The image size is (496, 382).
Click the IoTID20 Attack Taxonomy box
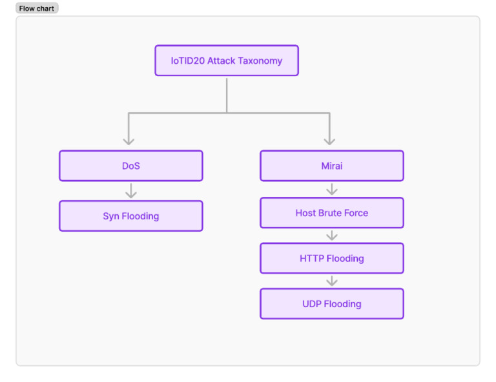click(x=226, y=61)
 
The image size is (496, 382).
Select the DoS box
click(x=131, y=166)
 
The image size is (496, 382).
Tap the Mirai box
click(x=331, y=166)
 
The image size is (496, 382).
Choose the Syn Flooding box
click(x=131, y=216)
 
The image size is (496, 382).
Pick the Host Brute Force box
click(x=331, y=213)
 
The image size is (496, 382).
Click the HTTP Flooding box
click(x=331, y=259)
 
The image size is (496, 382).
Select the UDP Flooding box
click(x=331, y=304)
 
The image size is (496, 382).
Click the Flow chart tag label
click(x=37, y=8)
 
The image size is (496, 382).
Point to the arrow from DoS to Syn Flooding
click(x=131, y=191)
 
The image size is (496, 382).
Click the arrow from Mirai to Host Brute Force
click(x=332, y=189)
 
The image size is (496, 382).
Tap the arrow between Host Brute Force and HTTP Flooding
click(x=332, y=236)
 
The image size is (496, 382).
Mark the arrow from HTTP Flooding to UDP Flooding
click(x=332, y=281)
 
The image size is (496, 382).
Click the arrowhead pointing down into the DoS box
click(x=129, y=140)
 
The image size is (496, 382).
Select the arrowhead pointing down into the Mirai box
click(x=329, y=140)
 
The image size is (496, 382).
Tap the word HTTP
click(x=312, y=259)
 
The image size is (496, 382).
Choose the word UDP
click(x=312, y=304)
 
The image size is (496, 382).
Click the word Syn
click(x=111, y=216)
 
